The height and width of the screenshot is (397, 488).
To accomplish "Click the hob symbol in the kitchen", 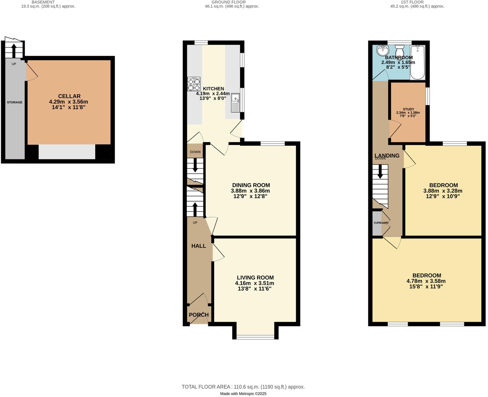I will [194, 84].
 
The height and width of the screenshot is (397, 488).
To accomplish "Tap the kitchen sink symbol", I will [235, 103].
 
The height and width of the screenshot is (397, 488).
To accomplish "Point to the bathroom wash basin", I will [383, 50].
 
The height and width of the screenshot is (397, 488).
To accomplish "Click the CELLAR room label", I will [69, 96].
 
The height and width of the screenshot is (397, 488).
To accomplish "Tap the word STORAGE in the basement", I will [14, 102].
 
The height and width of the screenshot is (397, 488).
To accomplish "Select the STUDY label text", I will [408, 109].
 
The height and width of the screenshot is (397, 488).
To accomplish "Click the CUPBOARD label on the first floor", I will [381, 223].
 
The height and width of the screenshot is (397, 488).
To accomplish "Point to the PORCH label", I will [199, 315].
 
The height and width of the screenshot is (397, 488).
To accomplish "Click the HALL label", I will [199, 246].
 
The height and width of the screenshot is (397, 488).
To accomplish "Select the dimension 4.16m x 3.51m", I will [255, 283].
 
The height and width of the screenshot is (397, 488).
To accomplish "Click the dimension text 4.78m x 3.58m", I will [426, 281].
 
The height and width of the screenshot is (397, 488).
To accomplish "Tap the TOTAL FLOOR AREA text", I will [243, 387].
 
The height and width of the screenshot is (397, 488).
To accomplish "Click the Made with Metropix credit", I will [243, 394].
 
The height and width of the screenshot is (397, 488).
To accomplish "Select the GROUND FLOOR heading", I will [228, 2].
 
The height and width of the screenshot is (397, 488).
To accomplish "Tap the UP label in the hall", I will [195, 223].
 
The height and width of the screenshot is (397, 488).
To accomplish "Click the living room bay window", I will [255, 337].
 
